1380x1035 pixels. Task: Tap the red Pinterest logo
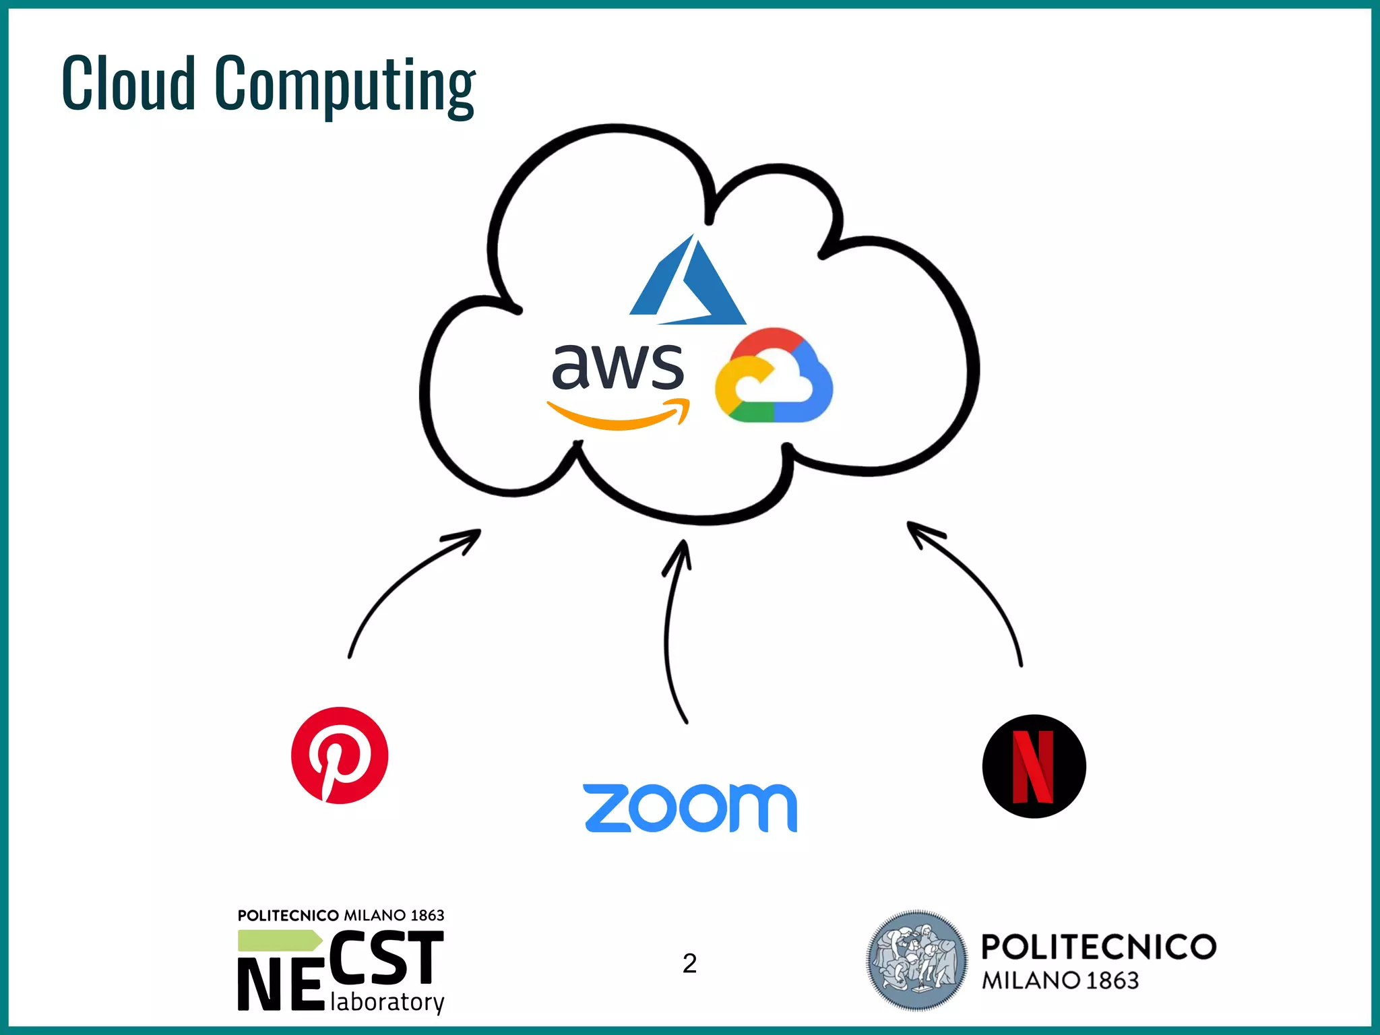[340, 755]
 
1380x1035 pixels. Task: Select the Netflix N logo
[1034, 766]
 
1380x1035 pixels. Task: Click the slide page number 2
[689, 964]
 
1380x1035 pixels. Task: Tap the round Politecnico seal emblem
[916, 960]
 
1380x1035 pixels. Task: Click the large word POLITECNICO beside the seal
[1098, 947]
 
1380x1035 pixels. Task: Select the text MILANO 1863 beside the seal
[1060, 980]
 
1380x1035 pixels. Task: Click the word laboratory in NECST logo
[387, 1002]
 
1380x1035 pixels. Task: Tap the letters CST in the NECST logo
[386, 957]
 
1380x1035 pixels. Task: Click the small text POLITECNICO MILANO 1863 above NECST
[341, 915]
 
